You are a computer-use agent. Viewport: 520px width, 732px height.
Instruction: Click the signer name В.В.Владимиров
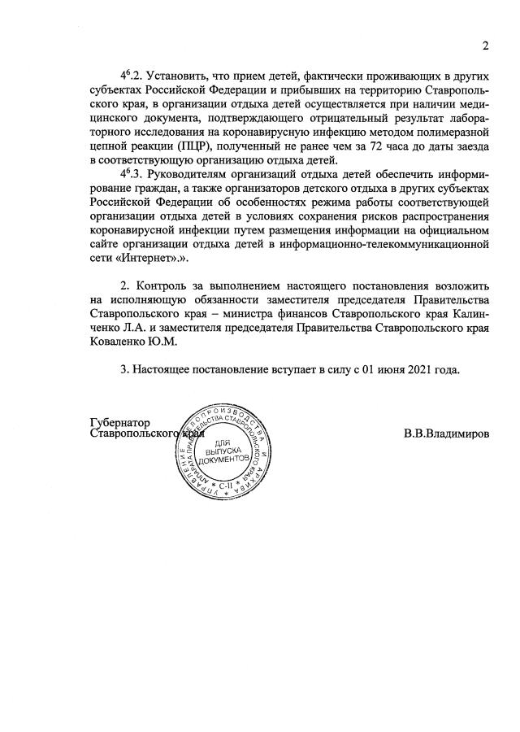click(x=446, y=434)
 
